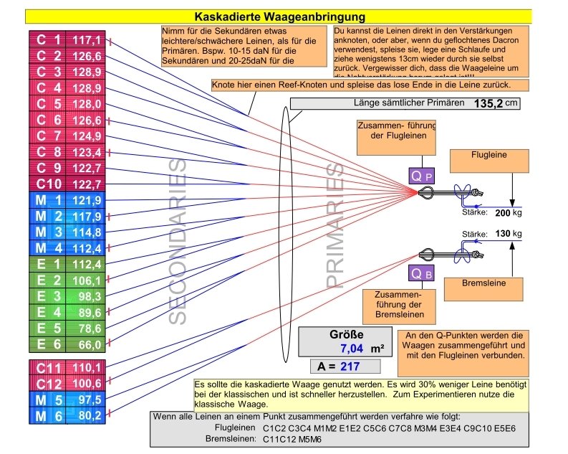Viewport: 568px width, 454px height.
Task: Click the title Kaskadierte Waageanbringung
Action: coord(280,16)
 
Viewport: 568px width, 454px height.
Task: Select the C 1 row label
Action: coord(47,40)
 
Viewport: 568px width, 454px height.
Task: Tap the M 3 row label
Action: coord(47,232)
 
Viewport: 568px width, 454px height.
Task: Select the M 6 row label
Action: coord(47,415)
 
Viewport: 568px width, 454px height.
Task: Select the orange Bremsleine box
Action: coord(489,283)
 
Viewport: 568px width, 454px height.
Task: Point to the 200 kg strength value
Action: coord(506,213)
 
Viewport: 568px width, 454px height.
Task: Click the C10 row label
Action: coord(47,185)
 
